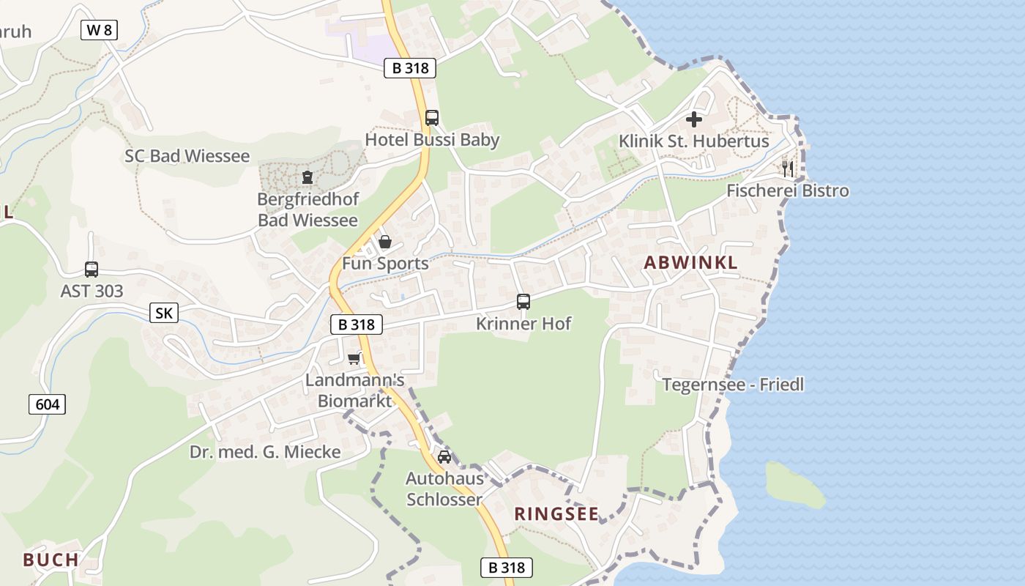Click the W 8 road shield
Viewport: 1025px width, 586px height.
pos(99,30)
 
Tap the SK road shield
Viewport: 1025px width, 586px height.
pos(164,314)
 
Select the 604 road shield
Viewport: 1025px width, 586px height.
pos(48,404)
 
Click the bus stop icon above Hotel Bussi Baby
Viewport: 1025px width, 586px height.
pos(432,117)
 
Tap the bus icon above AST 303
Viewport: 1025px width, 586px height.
pos(92,270)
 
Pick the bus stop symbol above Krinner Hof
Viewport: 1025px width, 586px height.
pos(523,301)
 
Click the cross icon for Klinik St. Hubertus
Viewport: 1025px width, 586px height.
pos(693,119)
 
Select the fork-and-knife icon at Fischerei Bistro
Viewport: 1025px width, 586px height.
pos(788,169)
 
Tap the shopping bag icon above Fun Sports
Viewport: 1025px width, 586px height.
pos(385,242)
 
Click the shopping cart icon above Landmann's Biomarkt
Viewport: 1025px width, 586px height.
pos(354,358)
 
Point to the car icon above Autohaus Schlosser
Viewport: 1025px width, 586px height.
pos(444,457)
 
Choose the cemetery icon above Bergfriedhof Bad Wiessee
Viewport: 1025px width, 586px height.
pos(307,177)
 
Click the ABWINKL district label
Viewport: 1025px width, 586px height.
pos(690,263)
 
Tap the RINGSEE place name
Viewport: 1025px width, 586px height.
pos(556,514)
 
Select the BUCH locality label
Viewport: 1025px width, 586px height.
pos(51,560)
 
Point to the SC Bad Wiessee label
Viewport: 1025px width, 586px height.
pos(187,156)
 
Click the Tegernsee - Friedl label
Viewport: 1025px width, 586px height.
pos(733,385)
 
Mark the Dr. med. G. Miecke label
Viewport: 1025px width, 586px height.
pos(265,452)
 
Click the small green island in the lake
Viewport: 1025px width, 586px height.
pos(794,485)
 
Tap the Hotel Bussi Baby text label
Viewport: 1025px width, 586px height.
pos(432,140)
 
